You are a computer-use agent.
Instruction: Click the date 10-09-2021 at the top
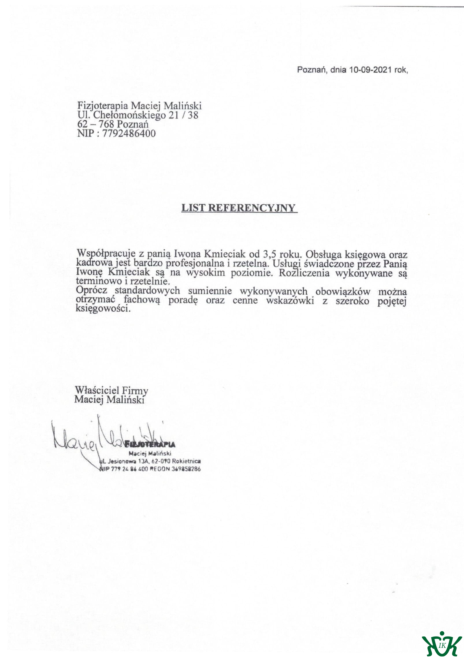click(x=370, y=70)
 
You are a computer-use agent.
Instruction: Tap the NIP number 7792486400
click(x=129, y=133)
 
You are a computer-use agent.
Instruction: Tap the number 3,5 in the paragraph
click(x=269, y=254)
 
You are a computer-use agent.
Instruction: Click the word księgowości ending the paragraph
click(x=103, y=309)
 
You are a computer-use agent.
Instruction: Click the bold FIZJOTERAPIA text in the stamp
click(x=150, y=444)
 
